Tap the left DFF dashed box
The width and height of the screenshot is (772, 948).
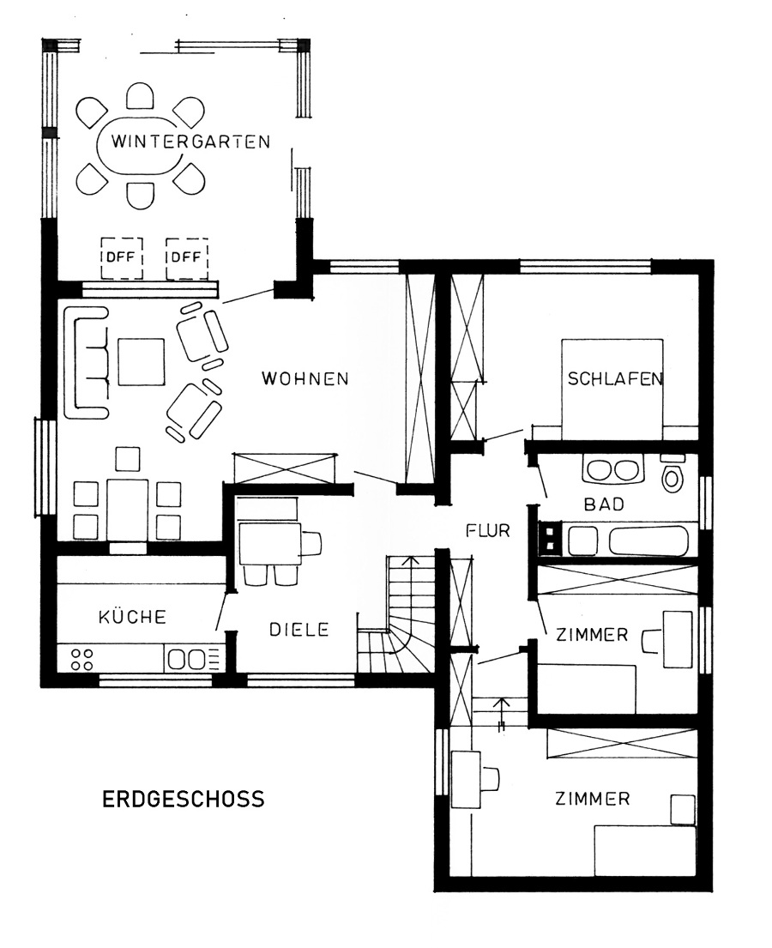coord(122,257)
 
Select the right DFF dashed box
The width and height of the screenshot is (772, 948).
coord(186,257)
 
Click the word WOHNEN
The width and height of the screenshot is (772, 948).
coord(305,378)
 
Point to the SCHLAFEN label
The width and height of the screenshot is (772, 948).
coord(614,379)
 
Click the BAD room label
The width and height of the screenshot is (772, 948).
coord(604,505)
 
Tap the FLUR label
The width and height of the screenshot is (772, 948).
coord(488,531)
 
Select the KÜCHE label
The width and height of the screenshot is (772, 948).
coord(132,617)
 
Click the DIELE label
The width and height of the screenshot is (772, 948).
coord(299,629)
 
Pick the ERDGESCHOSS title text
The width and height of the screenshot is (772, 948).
coord(184,800)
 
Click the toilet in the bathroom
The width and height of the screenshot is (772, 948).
coord(672,476)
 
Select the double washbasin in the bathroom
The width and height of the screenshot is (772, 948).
coord(612,471)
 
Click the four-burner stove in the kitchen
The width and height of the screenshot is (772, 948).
coord(82,659)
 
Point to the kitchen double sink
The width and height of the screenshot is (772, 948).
coord(190,659)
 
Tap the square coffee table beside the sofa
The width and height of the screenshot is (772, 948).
coord(142,362)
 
